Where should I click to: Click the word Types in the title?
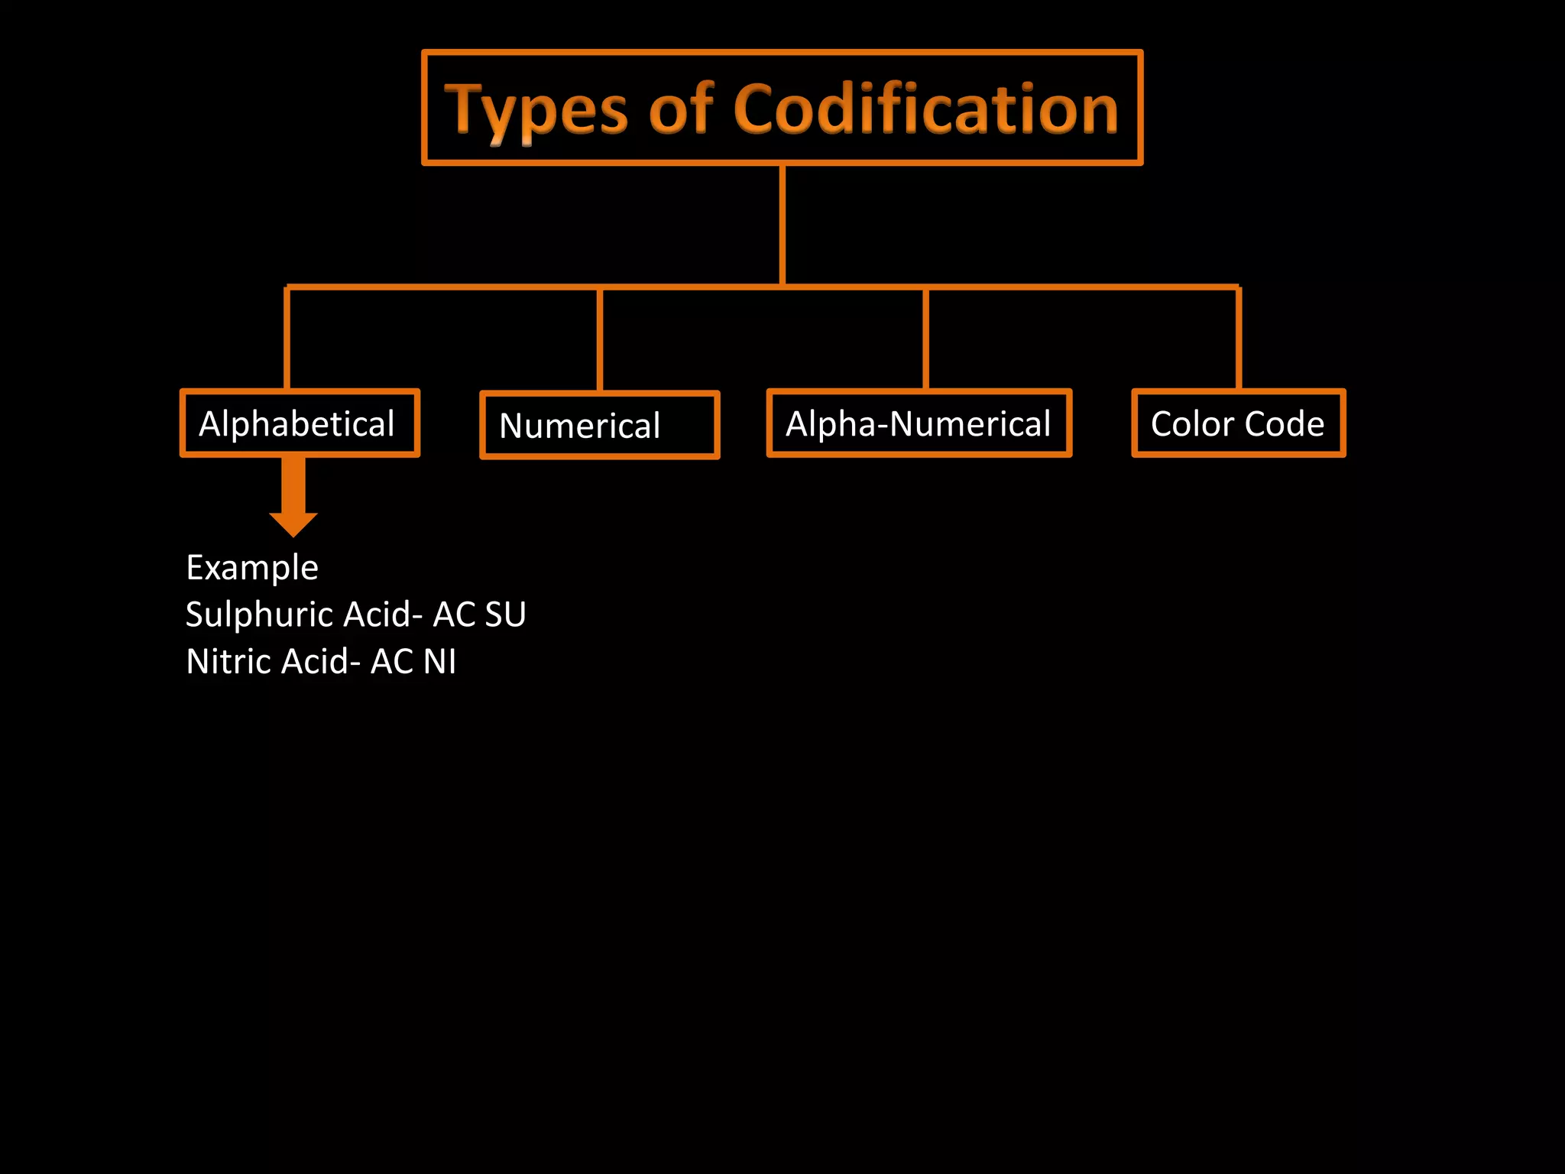(x=536, y=111)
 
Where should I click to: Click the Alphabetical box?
(x=300, y=423)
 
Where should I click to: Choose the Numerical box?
(x=599, y=426)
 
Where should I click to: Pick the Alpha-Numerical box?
(x=919, y=423)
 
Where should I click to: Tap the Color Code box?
(x=1238, y=423)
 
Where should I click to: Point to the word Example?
(x=252, y=568)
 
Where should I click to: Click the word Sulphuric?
(x=259, y=615)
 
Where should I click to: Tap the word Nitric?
(x=228, y=662)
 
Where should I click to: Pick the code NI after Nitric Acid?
(x=439, y=662)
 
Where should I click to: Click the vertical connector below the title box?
(x=782, y=225)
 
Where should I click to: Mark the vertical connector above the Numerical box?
(x=600, y=339)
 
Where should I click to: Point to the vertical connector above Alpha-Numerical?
(x=925, y=339)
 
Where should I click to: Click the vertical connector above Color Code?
(x=1238, y=339)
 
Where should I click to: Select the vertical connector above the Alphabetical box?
(x=287, y=339)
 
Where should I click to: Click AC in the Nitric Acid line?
(x=392, y=662)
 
